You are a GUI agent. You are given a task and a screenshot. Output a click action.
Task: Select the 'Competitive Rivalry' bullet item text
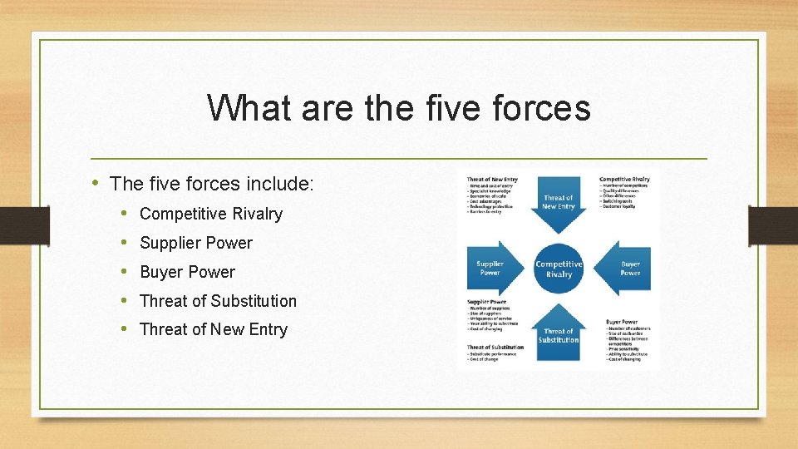pos(211,214)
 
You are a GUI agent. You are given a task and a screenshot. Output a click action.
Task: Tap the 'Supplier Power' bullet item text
pos(196,243)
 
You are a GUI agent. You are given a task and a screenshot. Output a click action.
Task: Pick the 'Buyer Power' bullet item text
pos(187,272)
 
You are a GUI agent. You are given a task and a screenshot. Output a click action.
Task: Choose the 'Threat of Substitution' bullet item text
pos(218,301)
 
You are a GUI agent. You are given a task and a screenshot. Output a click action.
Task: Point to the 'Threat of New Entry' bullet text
pos(214,329)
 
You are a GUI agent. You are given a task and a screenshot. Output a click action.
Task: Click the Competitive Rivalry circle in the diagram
pos(559,269)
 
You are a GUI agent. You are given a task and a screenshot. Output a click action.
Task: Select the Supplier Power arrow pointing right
pos(492,268)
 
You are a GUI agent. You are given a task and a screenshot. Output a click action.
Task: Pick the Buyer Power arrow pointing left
pos(628,268)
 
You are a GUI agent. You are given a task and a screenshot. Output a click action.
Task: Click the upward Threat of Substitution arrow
pos(559,333)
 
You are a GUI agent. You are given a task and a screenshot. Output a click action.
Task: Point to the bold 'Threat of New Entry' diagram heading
pos(492,180)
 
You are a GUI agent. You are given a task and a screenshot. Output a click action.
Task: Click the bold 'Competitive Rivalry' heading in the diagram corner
pos(624,179)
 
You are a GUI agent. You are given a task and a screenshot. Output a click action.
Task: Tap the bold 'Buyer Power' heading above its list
pos(621,321)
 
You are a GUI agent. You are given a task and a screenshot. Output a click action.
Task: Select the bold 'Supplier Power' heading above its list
pos(487,302)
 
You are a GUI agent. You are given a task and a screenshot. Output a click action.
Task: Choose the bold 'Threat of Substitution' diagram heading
pos(495,347)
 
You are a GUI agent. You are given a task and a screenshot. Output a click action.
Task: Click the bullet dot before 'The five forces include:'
pos(96,183)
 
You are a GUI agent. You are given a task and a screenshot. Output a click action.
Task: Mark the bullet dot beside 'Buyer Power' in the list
pos(124,272)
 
